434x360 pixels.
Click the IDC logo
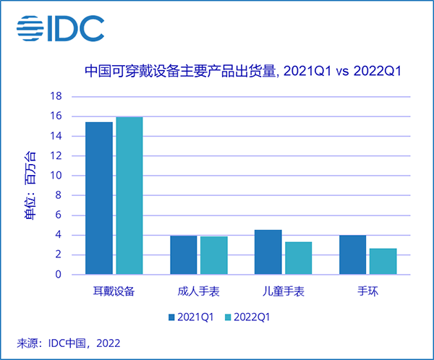pyautogui.click(x=61, y=28)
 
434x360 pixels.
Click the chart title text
pyautogui.click(x=242, y=72)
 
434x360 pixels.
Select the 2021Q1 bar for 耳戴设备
pyautogui.click(x=99, y=198)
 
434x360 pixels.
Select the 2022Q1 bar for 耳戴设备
pyautogui.click(x=129, y=196)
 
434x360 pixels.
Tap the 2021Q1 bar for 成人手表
pyautogui.click(x=184, y=255)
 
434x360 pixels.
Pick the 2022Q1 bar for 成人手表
pyautogui.click(x=213, y=255)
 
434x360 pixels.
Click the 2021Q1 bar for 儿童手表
pyautogui.click(x=268, y=252)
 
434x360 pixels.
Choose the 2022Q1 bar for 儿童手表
pyautogui.click(x=298, y=258)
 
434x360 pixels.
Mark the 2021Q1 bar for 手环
pyautogui.click(x=353, y=255)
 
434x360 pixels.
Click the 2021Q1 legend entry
pyautogui.click(x=192, y=317)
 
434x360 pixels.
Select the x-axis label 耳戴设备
pyautogui.click(x=114, y=292)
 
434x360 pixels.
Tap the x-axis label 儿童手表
pyautogui.click(x=283, y=292)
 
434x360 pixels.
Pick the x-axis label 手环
pyautogui.click(x=367, y=292)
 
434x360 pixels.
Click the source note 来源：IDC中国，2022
pyautogui.click(x=68, y=342)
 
